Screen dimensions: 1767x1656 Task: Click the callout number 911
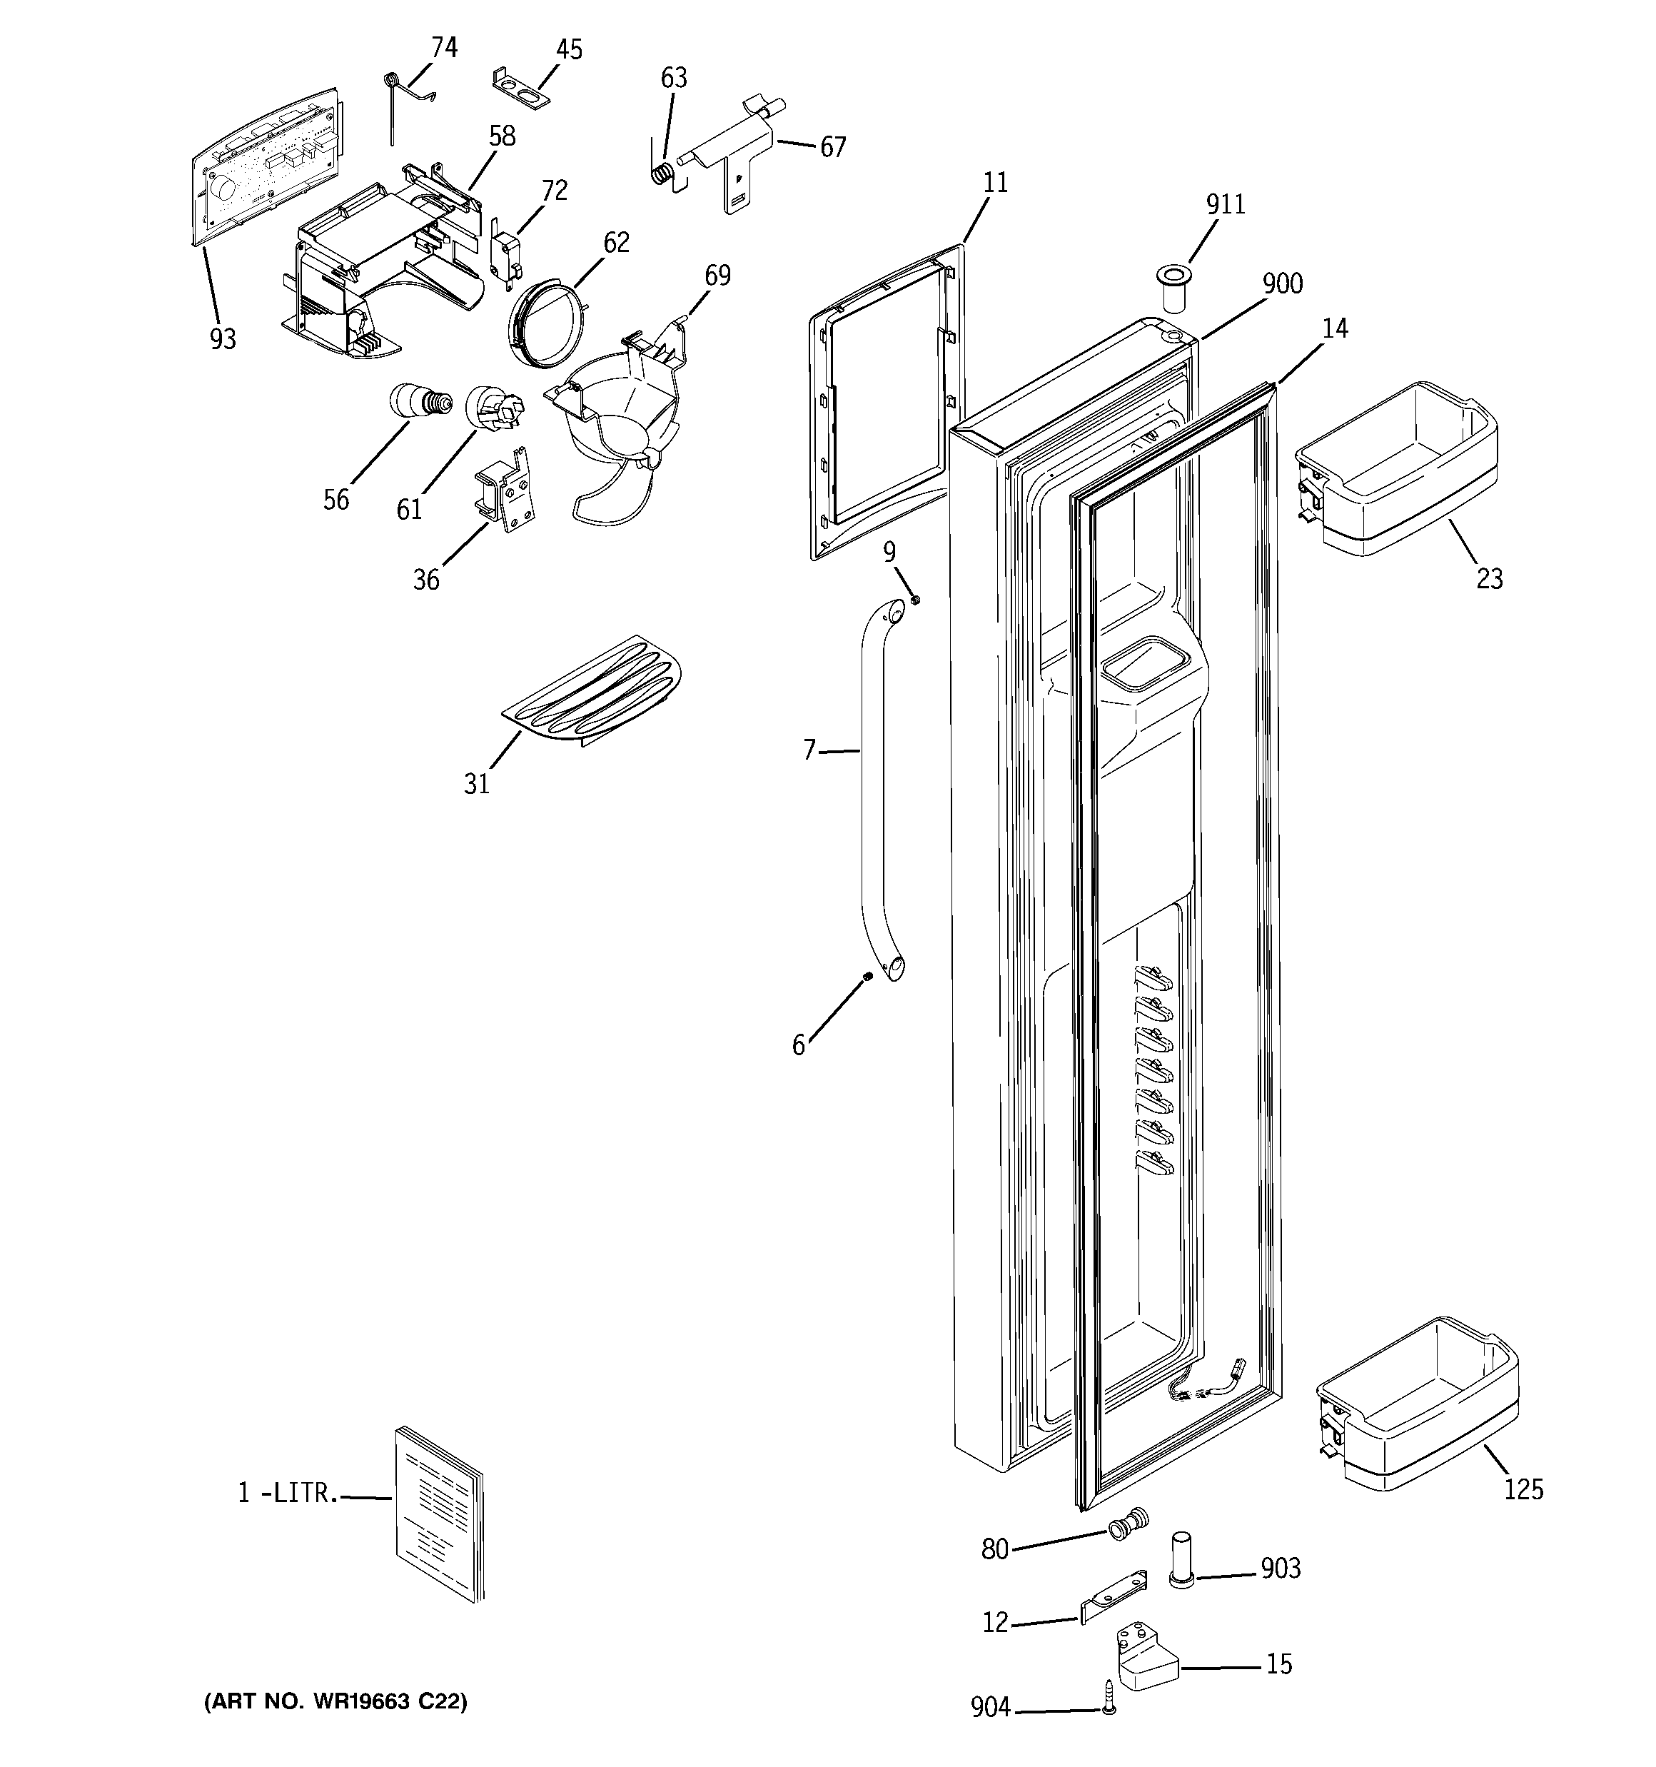(x=1225, y=204)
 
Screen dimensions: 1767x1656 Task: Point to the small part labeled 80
(x=1128, y=1524)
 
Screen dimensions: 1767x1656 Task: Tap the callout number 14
(x=1334, y=329)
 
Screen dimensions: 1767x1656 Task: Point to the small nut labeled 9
(x=916, y=599)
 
